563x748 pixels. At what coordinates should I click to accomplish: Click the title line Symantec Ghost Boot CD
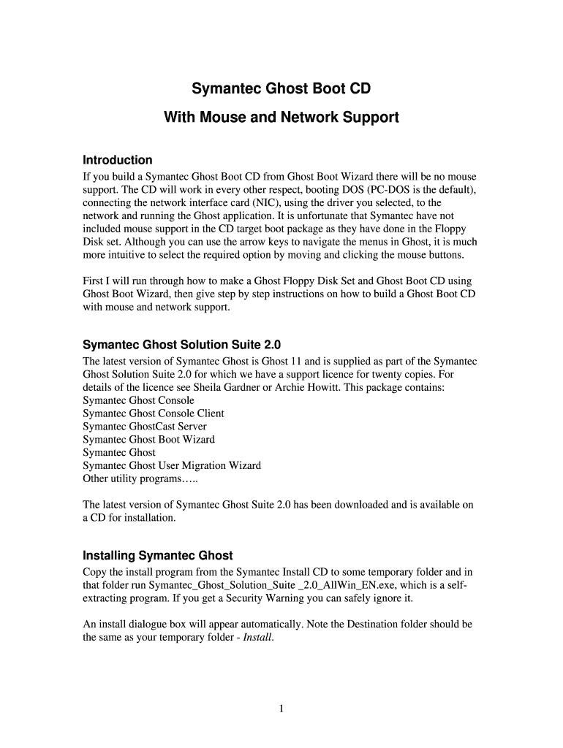click(281, 89)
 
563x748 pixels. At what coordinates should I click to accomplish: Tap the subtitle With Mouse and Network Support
click(281, 116)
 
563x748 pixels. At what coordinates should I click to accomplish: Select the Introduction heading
click(118, 160)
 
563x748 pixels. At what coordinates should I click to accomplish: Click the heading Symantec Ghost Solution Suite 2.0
click(182, 344)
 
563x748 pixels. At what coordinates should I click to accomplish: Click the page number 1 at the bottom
click(281, 708)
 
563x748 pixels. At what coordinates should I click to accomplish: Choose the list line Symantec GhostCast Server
click(145, 427)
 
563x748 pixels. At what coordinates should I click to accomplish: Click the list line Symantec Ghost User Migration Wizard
click(172, 465)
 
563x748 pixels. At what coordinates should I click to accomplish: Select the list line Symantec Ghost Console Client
click(154, 413)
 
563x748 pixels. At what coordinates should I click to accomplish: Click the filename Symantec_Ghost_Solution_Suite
click(219, 586)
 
